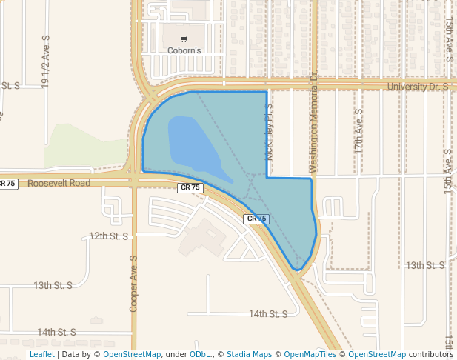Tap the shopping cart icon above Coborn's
click(183, 39)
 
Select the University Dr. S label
click(418, 87)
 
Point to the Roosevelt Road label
click(59, 183)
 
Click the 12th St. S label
click(109, 236)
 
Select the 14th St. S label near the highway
click(268, 314)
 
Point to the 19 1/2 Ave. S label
click(46, 62)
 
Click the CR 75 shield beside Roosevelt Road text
click(190, 187)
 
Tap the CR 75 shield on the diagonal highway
click(256, 219)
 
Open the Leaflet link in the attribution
click(42, 354)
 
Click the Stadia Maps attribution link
click(249, 354)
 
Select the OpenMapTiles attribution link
click(310, 354)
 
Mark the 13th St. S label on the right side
click(425, 265)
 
